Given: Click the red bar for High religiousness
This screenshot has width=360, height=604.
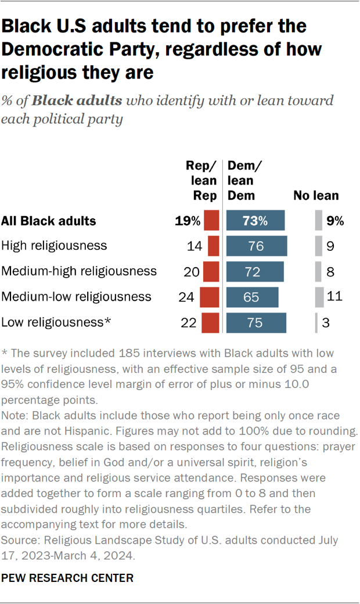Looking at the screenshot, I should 213,246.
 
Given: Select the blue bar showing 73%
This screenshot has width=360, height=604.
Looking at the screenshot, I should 255,221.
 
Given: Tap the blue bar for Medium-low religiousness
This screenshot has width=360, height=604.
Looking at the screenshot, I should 252,297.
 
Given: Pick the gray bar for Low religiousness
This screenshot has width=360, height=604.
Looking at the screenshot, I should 316,322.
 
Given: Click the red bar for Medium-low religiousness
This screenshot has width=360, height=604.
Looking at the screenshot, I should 209,297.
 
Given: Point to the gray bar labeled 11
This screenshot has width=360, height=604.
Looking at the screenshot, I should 319,297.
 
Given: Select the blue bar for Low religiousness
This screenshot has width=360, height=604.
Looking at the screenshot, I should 256,322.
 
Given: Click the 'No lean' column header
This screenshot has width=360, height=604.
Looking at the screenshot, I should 316,196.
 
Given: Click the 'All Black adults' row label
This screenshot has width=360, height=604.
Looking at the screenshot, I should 49,221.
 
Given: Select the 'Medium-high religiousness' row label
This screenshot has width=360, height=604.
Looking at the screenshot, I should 79,271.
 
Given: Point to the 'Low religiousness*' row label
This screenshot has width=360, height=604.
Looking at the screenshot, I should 56,322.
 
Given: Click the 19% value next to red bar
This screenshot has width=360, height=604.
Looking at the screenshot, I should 188,221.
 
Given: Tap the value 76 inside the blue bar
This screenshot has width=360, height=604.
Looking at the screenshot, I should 255,246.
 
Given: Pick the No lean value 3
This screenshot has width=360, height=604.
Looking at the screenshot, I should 326,322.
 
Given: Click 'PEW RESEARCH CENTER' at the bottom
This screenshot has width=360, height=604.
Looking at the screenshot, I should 68,578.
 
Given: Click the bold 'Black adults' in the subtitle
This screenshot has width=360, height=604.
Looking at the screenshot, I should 77,100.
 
